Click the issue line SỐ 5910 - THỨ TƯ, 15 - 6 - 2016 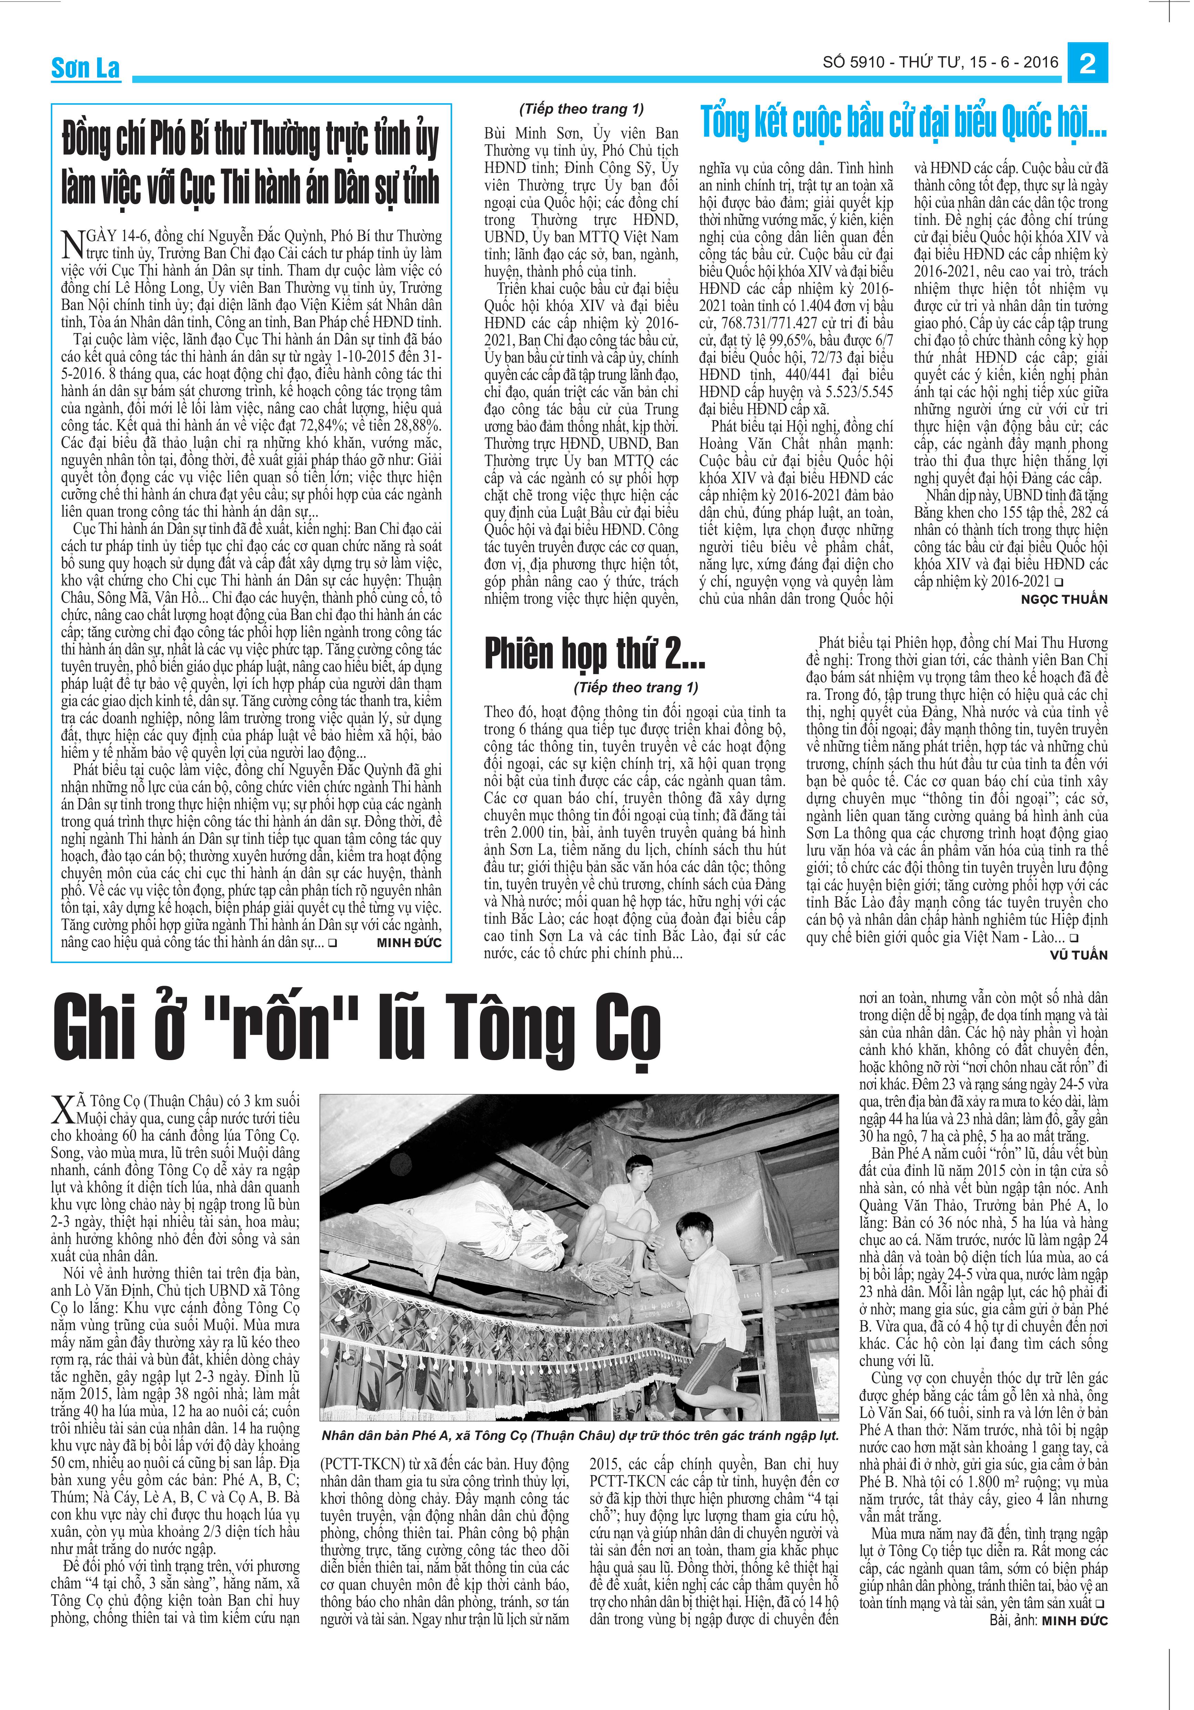click(x=940, y=63)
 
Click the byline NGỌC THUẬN click(x=1064, y=600)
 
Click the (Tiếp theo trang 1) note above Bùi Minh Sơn click(x=581, y=109)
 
